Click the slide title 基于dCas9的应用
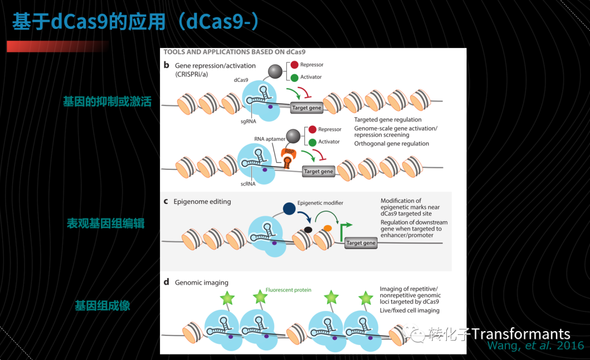pyautogui.click(x=89, y=21)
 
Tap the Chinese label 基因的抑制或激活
pyautogui.click(x=107, y=102)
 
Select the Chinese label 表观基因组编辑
pyautogui.click(x=106, y=223)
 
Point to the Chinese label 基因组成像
pyautogui.click(x=102, y=305)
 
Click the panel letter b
pyautogui.click(x=166, y=65)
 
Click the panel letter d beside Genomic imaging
pyautogui.click(x=166, y=282)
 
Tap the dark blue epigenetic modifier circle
pyautogui.click(x=289, y=208)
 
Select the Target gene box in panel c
pyautogui.click(x=361, y=243)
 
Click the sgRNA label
pyautogui.click(x=249, y=121)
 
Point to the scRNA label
pyautogui.click(x=248, y=184)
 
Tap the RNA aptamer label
pyautogui.click(x=269, y=139)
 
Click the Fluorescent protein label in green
pyautogui.click(x=288, y=290)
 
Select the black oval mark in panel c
pyautogui.click(x=308, y=230)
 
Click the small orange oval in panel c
pyautogui.click(x=327, y=228)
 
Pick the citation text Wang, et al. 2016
pyautogui.click(x=536, y=346)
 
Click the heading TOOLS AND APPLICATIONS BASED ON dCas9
pyautogui.click(x=234, y=52)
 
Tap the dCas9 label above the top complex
pyautogui.click(x=241, y=80)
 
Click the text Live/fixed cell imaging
pyautogui.click(x=409, y=310)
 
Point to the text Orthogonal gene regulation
pyautogui.click(x=391, y=144)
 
